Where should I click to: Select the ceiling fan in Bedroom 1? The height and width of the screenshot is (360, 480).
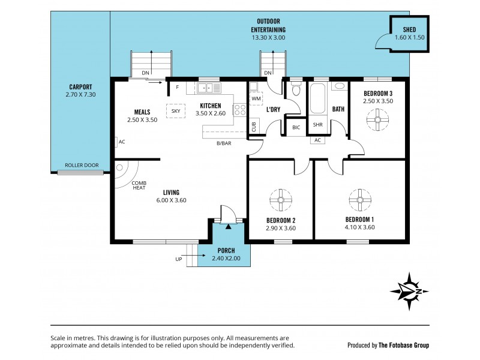[360, 201]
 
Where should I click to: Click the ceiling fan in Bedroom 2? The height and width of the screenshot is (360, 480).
[280, 201]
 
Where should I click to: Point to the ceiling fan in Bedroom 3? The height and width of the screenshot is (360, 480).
[378, 121]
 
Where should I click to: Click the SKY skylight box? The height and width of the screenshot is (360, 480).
[176, 111]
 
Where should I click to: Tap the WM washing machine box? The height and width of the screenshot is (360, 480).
[256, 98]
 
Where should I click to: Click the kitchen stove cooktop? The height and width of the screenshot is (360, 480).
[239, 110]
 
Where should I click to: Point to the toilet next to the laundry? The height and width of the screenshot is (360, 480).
[295, 91]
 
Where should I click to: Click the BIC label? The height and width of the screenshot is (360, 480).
[296, 127]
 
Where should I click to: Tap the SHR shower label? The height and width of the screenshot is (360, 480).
[317, 125]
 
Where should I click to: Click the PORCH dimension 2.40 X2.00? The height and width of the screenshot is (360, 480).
[226, 259]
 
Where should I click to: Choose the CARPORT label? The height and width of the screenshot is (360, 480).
[80, 86]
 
